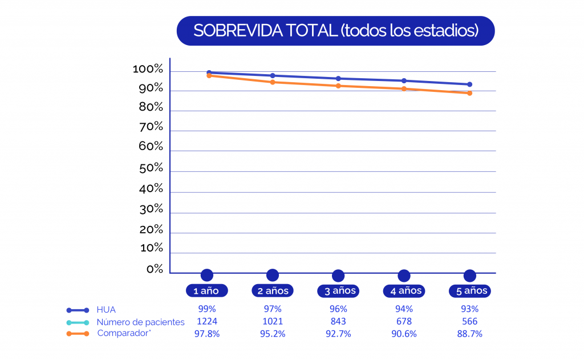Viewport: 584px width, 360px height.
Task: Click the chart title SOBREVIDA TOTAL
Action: tap(335, 31)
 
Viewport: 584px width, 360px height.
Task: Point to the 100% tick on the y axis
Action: tap(148, 70)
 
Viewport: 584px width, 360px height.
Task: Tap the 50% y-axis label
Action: tap(151, 169)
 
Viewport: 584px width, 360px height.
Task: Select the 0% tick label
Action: tap(155, 269)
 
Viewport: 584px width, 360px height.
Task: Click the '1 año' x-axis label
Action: tap(206, 291)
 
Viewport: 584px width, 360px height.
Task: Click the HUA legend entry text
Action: tap(106, 310)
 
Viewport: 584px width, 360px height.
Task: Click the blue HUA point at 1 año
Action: tap(209, 72)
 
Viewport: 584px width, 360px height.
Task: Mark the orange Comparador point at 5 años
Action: tap(470, 93)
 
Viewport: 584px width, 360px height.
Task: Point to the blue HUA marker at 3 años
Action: tap(338, 78)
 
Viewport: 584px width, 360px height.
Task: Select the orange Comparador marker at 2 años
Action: tap(273, 82)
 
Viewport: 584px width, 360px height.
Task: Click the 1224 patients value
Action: tap(206, 322)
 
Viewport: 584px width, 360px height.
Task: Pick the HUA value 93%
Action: tap(469, 309)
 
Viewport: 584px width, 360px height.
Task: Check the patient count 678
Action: tap(404, 322)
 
